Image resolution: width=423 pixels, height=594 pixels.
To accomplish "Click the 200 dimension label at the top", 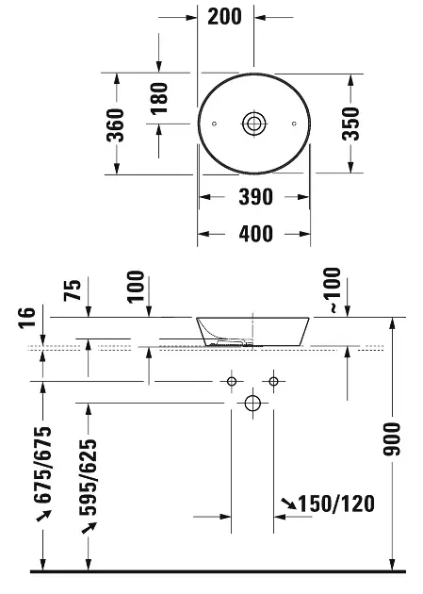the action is click(224, 17).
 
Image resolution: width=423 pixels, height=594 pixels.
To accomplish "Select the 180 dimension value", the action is click(159, 99).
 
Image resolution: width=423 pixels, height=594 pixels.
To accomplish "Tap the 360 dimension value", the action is click(115, 125).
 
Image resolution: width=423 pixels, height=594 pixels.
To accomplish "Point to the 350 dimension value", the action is click(350, 124).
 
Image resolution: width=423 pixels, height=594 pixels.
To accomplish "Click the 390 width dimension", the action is click(255, 197).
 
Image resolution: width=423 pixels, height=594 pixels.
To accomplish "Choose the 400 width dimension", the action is click(255, 234).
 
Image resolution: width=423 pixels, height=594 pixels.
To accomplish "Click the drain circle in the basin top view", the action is click(253, 124).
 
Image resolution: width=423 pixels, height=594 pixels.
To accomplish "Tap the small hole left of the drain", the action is click(214, 124).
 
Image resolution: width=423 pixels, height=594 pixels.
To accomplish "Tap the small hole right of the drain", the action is click(294, 124).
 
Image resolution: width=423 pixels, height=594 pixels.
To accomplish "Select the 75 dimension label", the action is click(73, 290).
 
